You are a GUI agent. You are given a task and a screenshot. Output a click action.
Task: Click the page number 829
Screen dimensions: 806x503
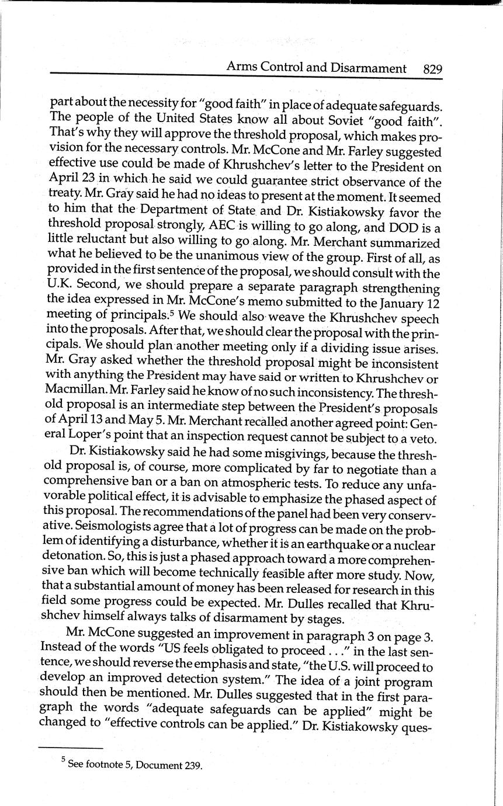432,68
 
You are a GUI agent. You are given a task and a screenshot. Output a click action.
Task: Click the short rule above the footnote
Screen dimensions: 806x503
70,748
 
